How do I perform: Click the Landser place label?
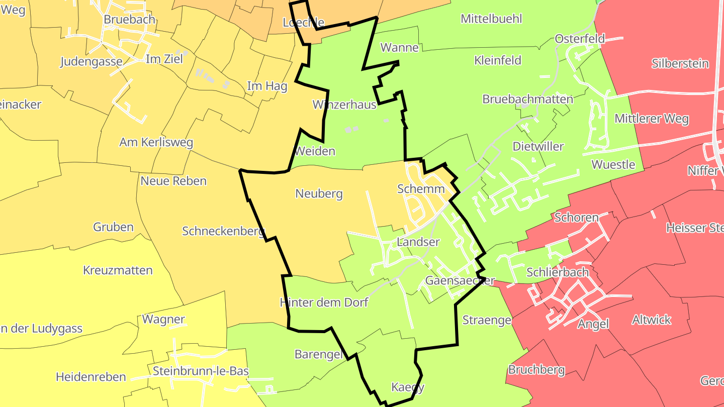[418, 242]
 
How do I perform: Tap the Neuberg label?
[319, 193]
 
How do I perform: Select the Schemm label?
[421, 189]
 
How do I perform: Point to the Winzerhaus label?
[344, 105]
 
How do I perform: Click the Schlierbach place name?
[557, 272]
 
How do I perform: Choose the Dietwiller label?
[538, 146]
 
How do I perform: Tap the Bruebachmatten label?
[527, 99]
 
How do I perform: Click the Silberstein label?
[680, 64]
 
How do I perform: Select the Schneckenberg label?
[223, 231]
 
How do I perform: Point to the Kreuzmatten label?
[118, 270]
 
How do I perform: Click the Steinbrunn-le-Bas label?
[201, 371]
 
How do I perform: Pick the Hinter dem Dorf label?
[324, 302]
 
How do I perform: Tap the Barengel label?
[318, 354]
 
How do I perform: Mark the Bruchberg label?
[536, 370]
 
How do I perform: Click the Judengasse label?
[91, 62]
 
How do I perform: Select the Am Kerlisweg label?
[156, 142]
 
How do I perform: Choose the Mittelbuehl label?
[491, 19]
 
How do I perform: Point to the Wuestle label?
[613, 164]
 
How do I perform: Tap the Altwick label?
[652, 320]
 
